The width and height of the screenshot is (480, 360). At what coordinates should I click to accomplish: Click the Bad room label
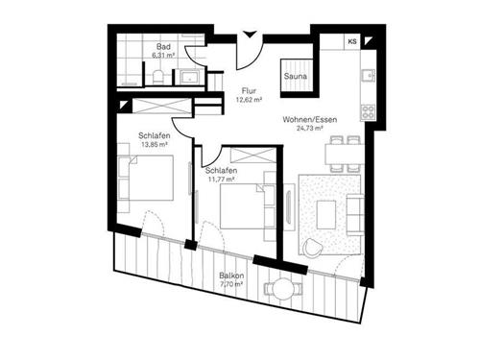click(163, 47)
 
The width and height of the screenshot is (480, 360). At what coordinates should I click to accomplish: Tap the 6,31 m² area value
click(163, 55)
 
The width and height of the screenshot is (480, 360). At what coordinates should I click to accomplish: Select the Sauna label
click(296, 76)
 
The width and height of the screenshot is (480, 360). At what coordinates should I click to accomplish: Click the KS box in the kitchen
click(352, 41)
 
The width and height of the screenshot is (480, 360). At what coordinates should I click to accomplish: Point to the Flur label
click(249, 91)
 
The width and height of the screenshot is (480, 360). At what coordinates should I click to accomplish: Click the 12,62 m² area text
click(249, 100)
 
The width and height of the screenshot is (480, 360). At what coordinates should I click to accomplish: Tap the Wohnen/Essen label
click(310, 120)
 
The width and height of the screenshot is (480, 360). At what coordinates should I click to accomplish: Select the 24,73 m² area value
click(309, 128)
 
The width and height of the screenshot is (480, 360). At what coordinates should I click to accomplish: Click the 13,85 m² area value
click(155, 144)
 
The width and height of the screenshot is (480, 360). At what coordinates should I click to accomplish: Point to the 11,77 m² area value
click(221, 180)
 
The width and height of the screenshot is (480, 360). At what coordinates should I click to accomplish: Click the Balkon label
click(231, 276)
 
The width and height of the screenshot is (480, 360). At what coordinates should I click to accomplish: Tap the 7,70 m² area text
click(231, 284)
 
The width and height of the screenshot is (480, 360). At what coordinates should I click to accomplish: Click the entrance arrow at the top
click(250, 35)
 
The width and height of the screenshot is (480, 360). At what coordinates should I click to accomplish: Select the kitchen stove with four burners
click(368, 112)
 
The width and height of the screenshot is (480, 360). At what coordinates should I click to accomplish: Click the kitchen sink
click(369, 76)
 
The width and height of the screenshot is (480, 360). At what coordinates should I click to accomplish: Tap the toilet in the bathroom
click(157, 77)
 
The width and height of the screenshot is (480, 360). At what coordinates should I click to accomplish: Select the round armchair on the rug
click(311, 247)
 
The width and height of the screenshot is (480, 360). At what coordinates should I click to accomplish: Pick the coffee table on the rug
click(326, 215)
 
